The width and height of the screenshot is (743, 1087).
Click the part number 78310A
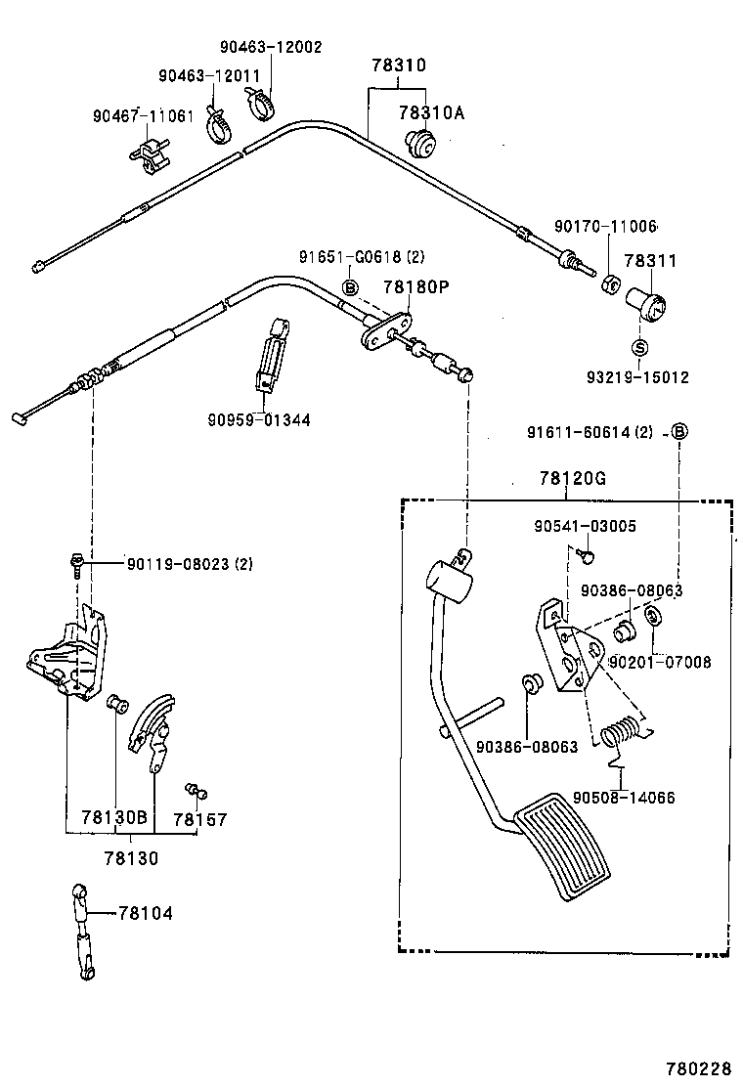pos(431,112)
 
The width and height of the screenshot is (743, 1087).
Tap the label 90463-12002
pos(270,47)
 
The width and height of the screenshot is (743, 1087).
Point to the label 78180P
pos(415,286)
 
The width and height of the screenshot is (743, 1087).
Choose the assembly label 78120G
pos(572,478)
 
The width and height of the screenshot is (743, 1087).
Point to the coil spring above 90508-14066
pos(617,734)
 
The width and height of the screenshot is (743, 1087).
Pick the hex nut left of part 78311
pos(606,285)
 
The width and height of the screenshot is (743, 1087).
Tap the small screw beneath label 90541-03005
pos(584,554)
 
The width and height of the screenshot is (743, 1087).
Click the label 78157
pos(199,819)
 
